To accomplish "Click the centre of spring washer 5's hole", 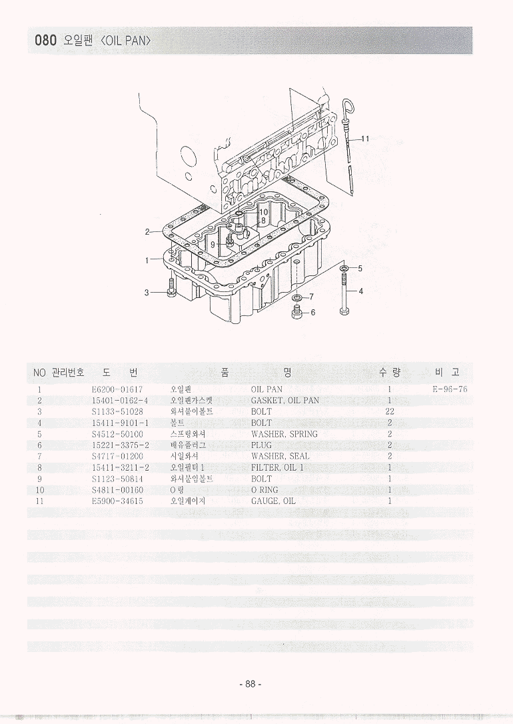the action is pyautogui.click(x=344, y=268).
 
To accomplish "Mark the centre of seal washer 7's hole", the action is pyautogui.click(x=297, y=297).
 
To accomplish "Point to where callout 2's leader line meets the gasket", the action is pyautogui.click(x=164, y=231).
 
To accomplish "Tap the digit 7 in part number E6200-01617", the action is pyautogui.click(x=141, y=390).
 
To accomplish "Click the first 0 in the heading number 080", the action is pyautogui.click(x=38, y=41).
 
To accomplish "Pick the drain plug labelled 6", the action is pyautogui.click(x=296, y=313).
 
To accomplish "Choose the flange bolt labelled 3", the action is pyautogui.click(x=171, y=287).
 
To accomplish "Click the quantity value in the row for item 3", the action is pyautogui.click(x=389, y=411).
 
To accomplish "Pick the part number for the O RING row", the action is pyautogui.click(x=118, y=490).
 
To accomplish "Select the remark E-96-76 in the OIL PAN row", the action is pyautogui.click(x=450, y=389).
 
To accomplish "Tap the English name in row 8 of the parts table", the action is pyautogui.click(x=278, y=468).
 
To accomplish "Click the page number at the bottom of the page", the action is pyautogui.click(x=251, y=684).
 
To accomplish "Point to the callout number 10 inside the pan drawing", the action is pyautogui.click(x=263, y=212).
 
